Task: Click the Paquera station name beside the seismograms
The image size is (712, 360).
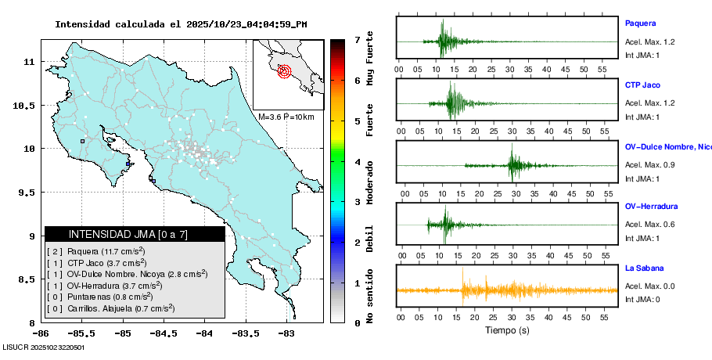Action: click(640, 23)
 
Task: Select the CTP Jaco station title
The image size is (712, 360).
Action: click(644, 84)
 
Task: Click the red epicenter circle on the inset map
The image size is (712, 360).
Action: click(285, 71)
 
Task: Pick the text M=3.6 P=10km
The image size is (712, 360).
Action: click(286, 117)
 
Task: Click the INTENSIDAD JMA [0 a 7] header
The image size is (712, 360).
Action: click(135, 234)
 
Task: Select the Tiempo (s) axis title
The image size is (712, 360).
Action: click(507, 331)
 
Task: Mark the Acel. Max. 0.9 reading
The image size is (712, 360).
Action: click(649, 165)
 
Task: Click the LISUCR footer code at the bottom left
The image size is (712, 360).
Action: click(43, 347)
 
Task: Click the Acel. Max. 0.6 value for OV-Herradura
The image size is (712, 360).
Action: click(649, 225)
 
